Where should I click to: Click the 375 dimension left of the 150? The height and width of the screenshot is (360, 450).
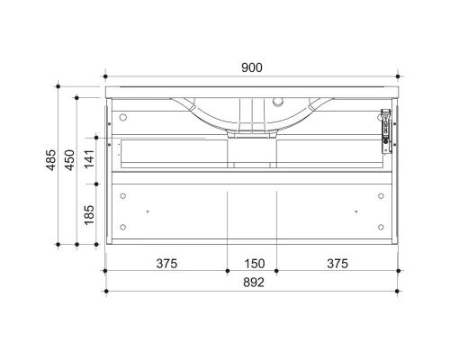166,264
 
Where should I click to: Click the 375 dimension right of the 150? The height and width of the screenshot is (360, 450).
337,264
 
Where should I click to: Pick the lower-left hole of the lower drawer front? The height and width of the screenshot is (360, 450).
123,227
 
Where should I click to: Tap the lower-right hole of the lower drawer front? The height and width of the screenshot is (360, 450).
382,227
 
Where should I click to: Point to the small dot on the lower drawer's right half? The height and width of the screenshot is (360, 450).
356,211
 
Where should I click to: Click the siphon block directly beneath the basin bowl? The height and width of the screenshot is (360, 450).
252,132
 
